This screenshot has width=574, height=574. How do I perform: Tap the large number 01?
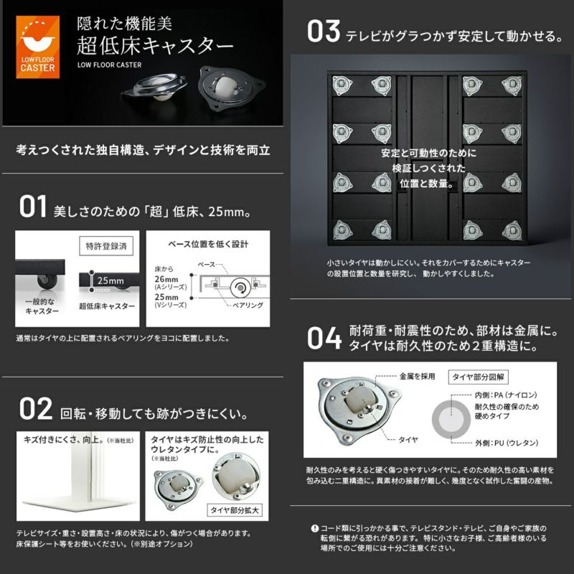(x=32, y=207)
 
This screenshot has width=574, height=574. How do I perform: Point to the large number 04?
(x=324, y=337)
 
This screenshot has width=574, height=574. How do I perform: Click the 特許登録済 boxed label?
(x=105, y=245)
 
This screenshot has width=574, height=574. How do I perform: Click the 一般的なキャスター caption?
(x=42, y=307)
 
